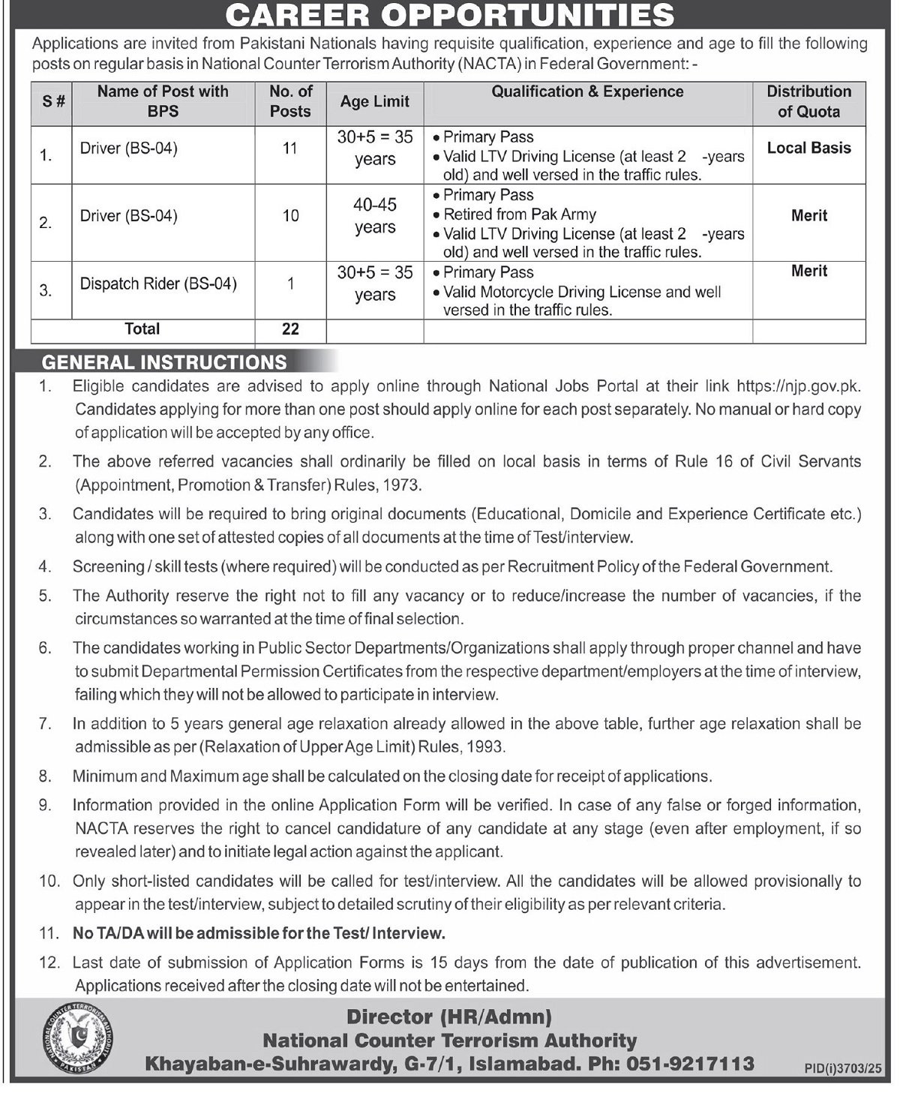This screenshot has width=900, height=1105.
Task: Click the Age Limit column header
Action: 374,101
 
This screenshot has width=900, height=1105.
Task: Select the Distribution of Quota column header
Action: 808,101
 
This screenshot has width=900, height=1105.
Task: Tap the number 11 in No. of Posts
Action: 290,149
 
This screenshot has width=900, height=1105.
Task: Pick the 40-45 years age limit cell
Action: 374,216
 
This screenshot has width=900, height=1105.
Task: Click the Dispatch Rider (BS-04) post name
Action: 158,284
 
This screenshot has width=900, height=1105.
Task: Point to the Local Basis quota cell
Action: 808,148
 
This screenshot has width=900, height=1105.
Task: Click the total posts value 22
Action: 290,329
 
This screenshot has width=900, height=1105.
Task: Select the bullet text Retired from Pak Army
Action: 519,215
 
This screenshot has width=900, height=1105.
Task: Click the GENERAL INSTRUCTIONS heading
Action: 164,362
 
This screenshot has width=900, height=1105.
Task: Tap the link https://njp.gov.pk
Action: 798,386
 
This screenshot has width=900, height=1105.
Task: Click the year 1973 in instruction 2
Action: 401,485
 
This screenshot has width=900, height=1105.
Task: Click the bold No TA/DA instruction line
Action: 259,933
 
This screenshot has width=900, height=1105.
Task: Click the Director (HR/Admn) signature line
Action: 448,1017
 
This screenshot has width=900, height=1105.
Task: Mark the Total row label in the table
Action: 142,329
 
